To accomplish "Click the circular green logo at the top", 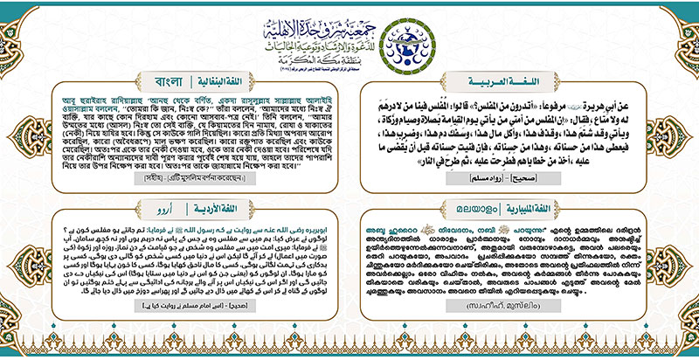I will pyautogui.click(x=426, y=35).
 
